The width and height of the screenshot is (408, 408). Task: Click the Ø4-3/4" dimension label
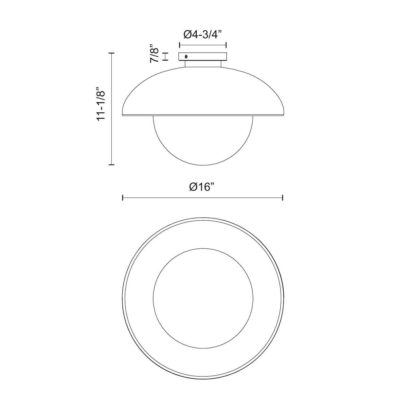click(x=203, y=35)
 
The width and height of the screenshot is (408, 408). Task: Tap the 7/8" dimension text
click(x=155, y=54)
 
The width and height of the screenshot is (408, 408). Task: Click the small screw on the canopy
click(x=186, y=56)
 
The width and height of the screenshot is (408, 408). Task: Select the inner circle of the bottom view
click(x=203, y=298)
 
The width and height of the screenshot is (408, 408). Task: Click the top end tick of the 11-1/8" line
click(x=112, y=53)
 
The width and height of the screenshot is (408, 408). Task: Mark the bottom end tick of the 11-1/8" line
click(x=112, y=164)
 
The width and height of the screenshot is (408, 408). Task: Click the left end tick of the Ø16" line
click(x=123, y=198)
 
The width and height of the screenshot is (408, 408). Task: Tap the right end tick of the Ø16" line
click(x=283, y=198)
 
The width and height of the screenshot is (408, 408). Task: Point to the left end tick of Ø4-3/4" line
click(x=179, y=45)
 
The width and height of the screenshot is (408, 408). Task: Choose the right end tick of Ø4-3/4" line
click(x=226, y=45)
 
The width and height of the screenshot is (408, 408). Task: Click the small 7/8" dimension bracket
click(x=166, y=56)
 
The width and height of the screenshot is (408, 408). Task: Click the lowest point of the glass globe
click(x=203, y=165)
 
